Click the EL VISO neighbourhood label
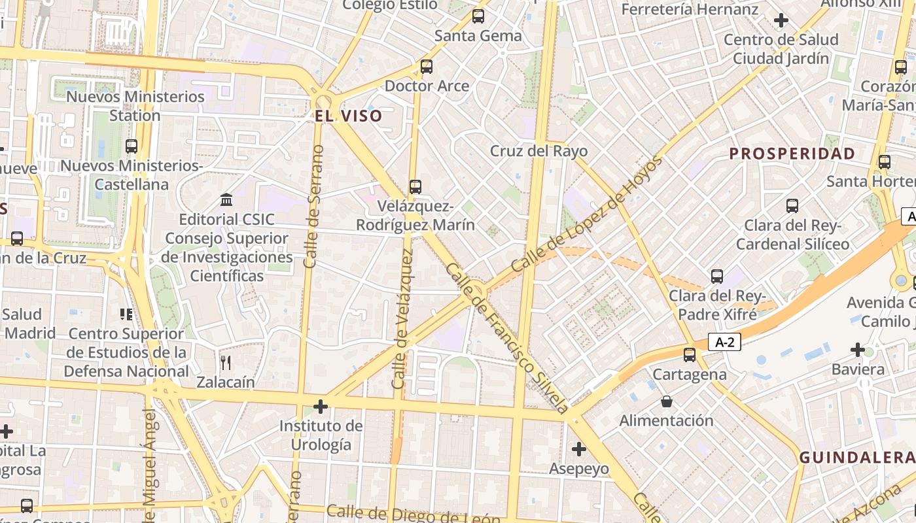coord(348,116)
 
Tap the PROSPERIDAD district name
coord(792,154)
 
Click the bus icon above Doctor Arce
coord(427,66)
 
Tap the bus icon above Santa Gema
coord(478,16)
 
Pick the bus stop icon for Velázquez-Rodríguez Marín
coord(415,187)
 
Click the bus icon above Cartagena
coord(690,355)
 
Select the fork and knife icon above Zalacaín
coord(226,363)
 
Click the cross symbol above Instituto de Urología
coord(320,407)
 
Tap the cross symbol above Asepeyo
coord(578,449)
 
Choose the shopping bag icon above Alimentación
coord(666,401)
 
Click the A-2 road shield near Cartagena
coord(724,342)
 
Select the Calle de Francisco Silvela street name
coord(508,339)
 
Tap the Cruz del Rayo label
coord(539,151)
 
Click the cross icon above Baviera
coord(858,350)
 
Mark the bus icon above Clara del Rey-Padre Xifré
coord(717,277)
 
